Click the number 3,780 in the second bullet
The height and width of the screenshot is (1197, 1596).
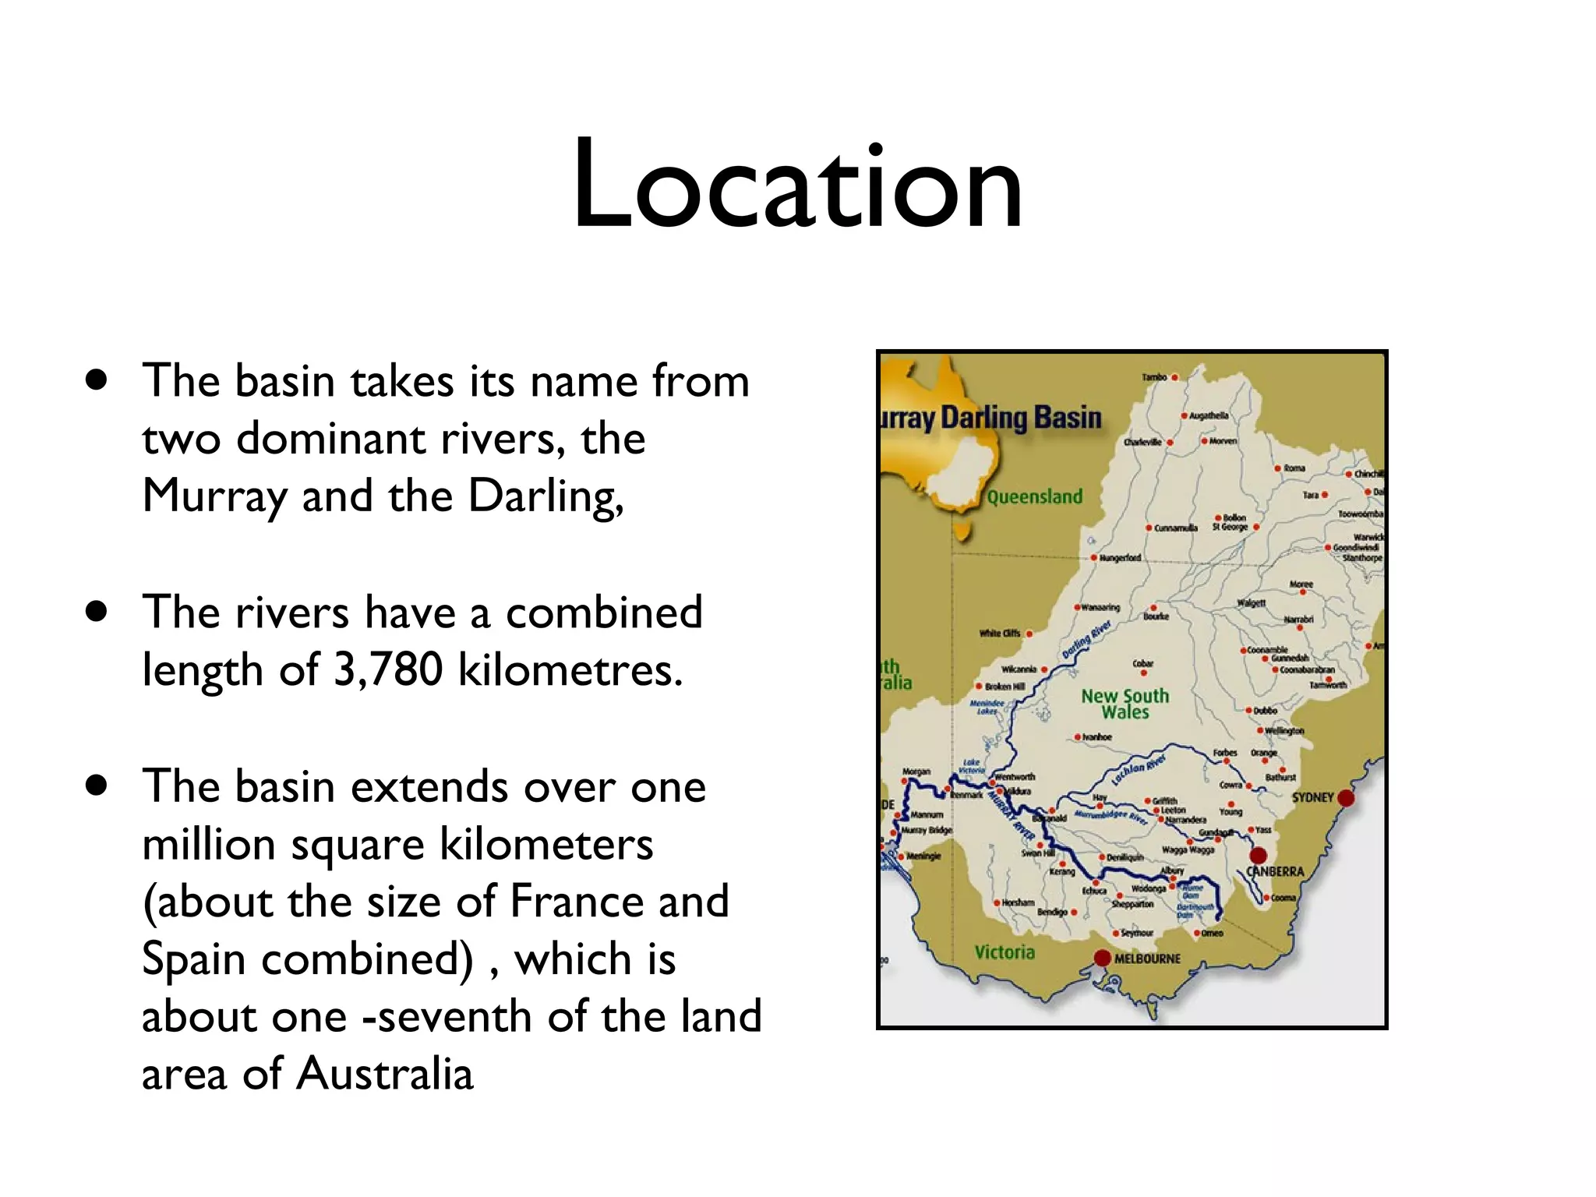(x=388, y=669)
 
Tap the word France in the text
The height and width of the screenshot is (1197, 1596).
(x=576, y=902)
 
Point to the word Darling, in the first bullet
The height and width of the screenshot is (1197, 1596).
(x=546, y=496)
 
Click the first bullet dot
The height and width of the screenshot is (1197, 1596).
(x=97, y=381)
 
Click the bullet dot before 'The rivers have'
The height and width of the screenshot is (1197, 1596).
(x=97, y=613)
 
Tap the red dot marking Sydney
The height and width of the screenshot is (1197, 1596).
(x=1346, y=798)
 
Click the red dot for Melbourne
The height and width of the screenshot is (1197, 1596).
(x=1102, y=958)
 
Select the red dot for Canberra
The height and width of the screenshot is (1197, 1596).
(x=1259, y=856)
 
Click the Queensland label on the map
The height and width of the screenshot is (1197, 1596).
(x=1035, y=497)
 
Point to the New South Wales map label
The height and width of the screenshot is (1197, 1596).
(x=1125, y=704)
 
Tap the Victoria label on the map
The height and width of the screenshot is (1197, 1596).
(x=1005, y=952)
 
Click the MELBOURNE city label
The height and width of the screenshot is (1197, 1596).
(x=1147, y=959)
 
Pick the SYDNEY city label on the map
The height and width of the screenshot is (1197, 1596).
(x=1313, y=797)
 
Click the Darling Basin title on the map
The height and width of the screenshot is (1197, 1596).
(x=1021, y=418)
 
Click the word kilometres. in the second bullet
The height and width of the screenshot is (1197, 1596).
(x=570, y=669)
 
